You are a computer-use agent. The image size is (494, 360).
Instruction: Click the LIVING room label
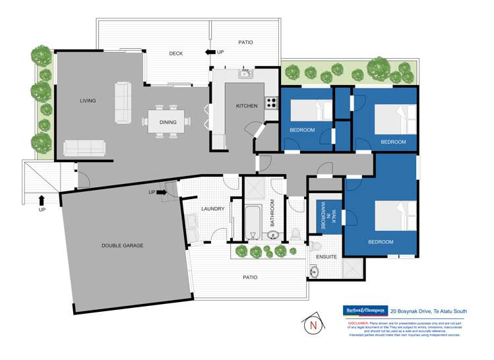[88, 101]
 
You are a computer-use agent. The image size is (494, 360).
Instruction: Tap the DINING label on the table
[168, 122]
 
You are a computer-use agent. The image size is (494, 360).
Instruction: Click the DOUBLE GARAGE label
[123, 245]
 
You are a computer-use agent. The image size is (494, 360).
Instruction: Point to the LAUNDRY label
[213, 209]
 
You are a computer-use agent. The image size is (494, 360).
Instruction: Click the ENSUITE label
[326, 256]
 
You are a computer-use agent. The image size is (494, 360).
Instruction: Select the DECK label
[175, 53]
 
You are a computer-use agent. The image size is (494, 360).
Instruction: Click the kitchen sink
[246, 74]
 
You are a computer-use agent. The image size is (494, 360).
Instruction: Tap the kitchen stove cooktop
[271, 103]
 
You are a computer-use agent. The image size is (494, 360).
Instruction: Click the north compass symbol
[312, 324]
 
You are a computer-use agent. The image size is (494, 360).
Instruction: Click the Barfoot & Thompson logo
[365, 309]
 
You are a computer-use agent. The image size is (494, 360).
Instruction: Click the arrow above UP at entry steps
[41, 199]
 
